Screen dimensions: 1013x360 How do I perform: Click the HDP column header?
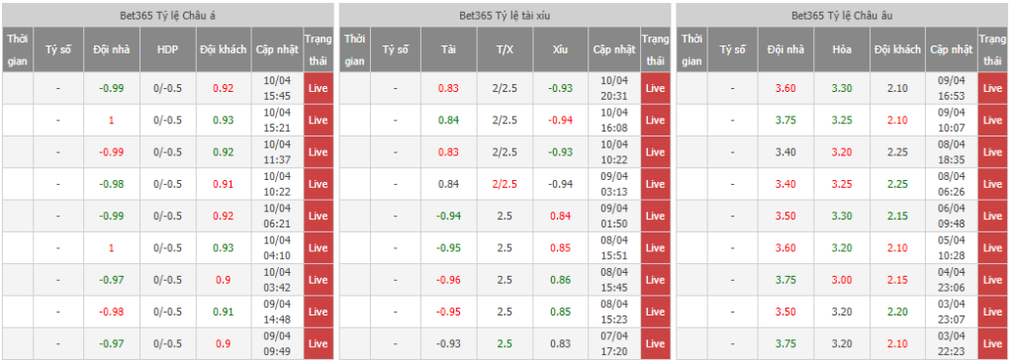point(168,49)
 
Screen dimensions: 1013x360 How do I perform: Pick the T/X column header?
point(505,49)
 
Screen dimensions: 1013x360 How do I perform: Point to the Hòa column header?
point(842,49)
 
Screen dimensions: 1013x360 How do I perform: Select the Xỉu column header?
point(560,49)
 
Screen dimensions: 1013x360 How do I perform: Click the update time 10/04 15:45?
point(277,88)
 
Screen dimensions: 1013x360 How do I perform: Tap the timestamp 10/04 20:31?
point(613,88)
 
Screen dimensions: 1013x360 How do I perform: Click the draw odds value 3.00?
point(842,280)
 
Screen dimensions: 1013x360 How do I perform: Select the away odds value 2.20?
point(897,312)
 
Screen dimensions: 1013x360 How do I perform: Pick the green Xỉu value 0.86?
point(561,280)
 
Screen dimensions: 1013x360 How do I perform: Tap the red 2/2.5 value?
point(505,184)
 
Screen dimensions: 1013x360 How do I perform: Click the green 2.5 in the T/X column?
point(505,343)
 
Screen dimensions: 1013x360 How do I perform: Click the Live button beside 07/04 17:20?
point(655,343)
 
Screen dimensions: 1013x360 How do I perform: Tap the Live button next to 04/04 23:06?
point(991,280)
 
